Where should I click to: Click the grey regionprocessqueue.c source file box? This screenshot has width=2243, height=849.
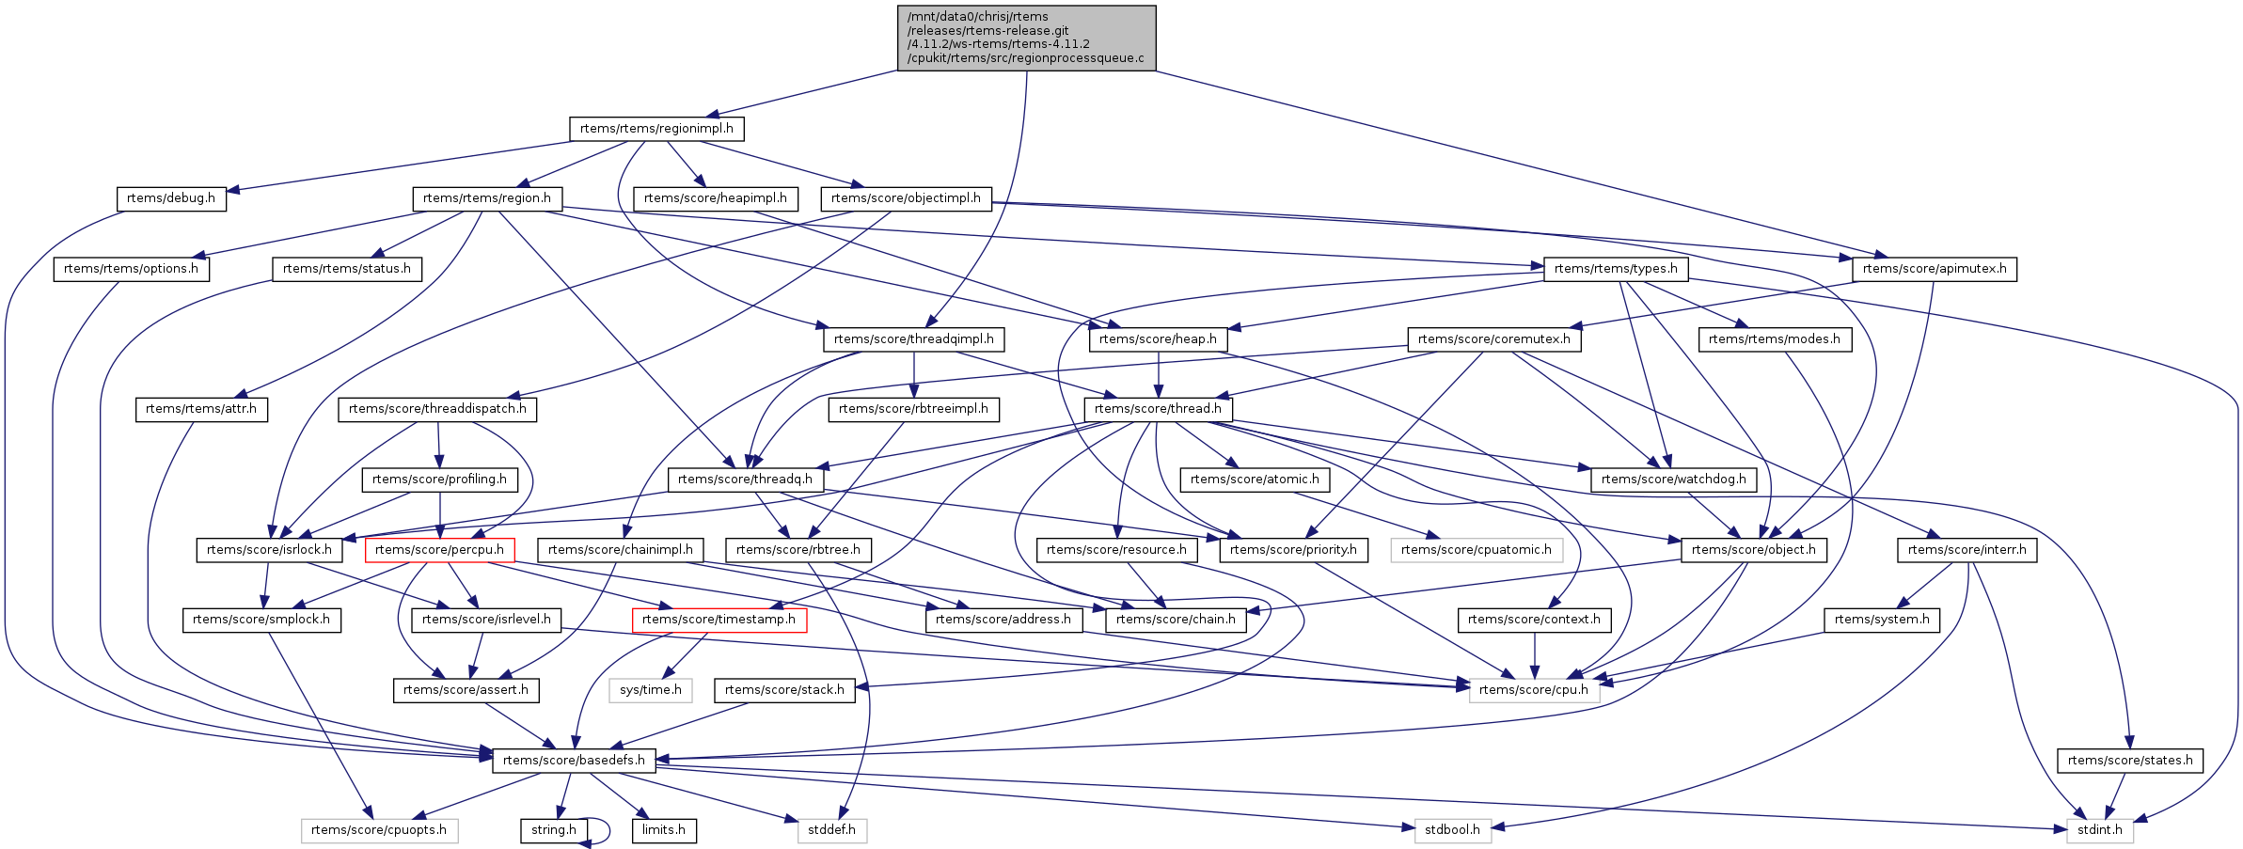click(x=1026, y=38)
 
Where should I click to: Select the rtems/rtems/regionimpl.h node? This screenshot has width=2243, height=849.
click(x=656, y=129)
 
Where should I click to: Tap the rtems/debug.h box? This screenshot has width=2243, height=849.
click(x=170, y=198)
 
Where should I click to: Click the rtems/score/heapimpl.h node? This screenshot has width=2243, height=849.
click(x=715, y=198)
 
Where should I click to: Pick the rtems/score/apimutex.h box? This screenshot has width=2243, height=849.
click(x=1934, y=269)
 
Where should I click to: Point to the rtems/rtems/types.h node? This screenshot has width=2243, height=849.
click(x=1615, y=269)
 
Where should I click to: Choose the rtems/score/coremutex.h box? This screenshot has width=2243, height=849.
click(x=1493, y=339)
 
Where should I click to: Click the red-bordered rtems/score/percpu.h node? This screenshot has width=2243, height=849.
click(x=439, y=550)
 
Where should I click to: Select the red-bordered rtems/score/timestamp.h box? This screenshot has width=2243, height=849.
click(x=719, y=620)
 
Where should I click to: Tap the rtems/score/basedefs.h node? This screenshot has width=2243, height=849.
click(x=574, y=761)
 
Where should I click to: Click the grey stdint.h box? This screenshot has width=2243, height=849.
click(x=2099, y=830)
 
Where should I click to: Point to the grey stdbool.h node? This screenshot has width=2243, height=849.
click(x=1452, y=830)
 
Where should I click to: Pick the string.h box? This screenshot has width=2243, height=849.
click(x=553, y=830)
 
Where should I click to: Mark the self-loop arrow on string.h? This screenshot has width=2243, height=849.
click(x=606, y=831)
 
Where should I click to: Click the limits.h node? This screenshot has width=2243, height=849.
click(x=664, y=830)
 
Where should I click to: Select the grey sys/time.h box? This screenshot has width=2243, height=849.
click(x=651, y=690)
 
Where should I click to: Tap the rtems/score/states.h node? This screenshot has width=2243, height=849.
click(x=2129, y=761)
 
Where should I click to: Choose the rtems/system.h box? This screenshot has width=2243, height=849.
click(x=1881, y=620)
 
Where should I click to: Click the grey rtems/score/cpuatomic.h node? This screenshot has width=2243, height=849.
click(x=1476, y=550)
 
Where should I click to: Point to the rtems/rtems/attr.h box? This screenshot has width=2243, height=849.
click(x=201, y=409)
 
